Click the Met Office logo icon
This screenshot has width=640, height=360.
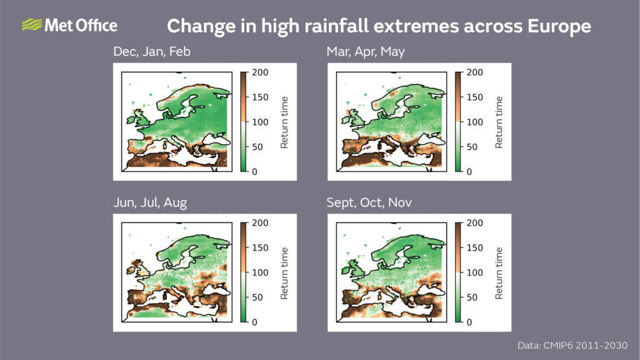pos(31,25)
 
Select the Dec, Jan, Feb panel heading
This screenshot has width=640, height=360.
pos(152,52)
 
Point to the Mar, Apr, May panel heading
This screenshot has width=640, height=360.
pos(366,52)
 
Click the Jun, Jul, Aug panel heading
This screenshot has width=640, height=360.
pos(150,202)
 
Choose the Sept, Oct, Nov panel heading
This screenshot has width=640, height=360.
pos(369,202)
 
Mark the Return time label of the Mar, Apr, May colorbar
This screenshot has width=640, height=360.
pos(499,122)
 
